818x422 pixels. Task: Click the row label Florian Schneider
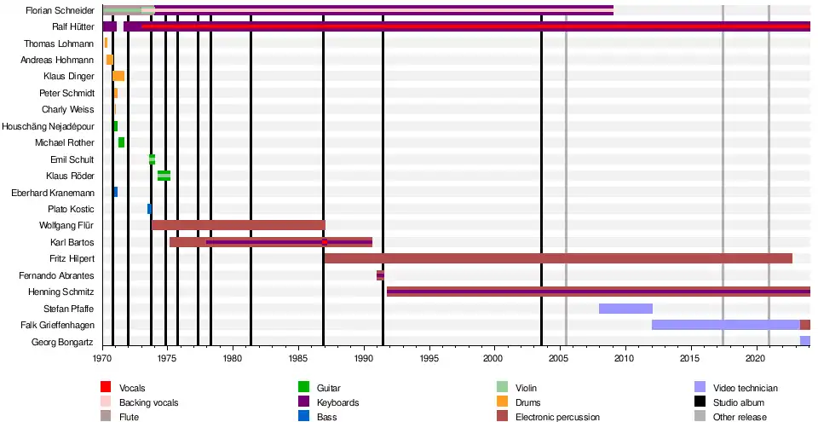click(60, 10)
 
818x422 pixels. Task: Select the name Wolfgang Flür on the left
click(66, 225)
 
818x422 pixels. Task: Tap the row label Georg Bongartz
click(64, 341)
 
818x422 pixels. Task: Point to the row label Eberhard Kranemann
click(53, 192)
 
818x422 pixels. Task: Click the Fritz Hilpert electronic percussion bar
click(558, 258)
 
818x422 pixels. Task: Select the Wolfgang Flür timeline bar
click(239, 225)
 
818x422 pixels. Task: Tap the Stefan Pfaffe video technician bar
click(625, 308)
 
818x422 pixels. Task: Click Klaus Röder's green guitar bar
click(164, 176)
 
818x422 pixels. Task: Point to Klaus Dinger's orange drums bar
click(118, 76)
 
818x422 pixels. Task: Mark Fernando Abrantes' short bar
click(381, 275)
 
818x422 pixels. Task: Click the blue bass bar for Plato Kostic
click(149, 209)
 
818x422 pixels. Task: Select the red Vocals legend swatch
click(107, 388)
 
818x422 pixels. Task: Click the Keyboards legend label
click(337, 402)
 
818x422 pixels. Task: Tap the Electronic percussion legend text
click(557, 417)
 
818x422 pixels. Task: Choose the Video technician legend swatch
click(700, 388)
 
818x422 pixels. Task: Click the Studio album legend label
click(739, 402)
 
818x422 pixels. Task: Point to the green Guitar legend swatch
click(301, 388)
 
